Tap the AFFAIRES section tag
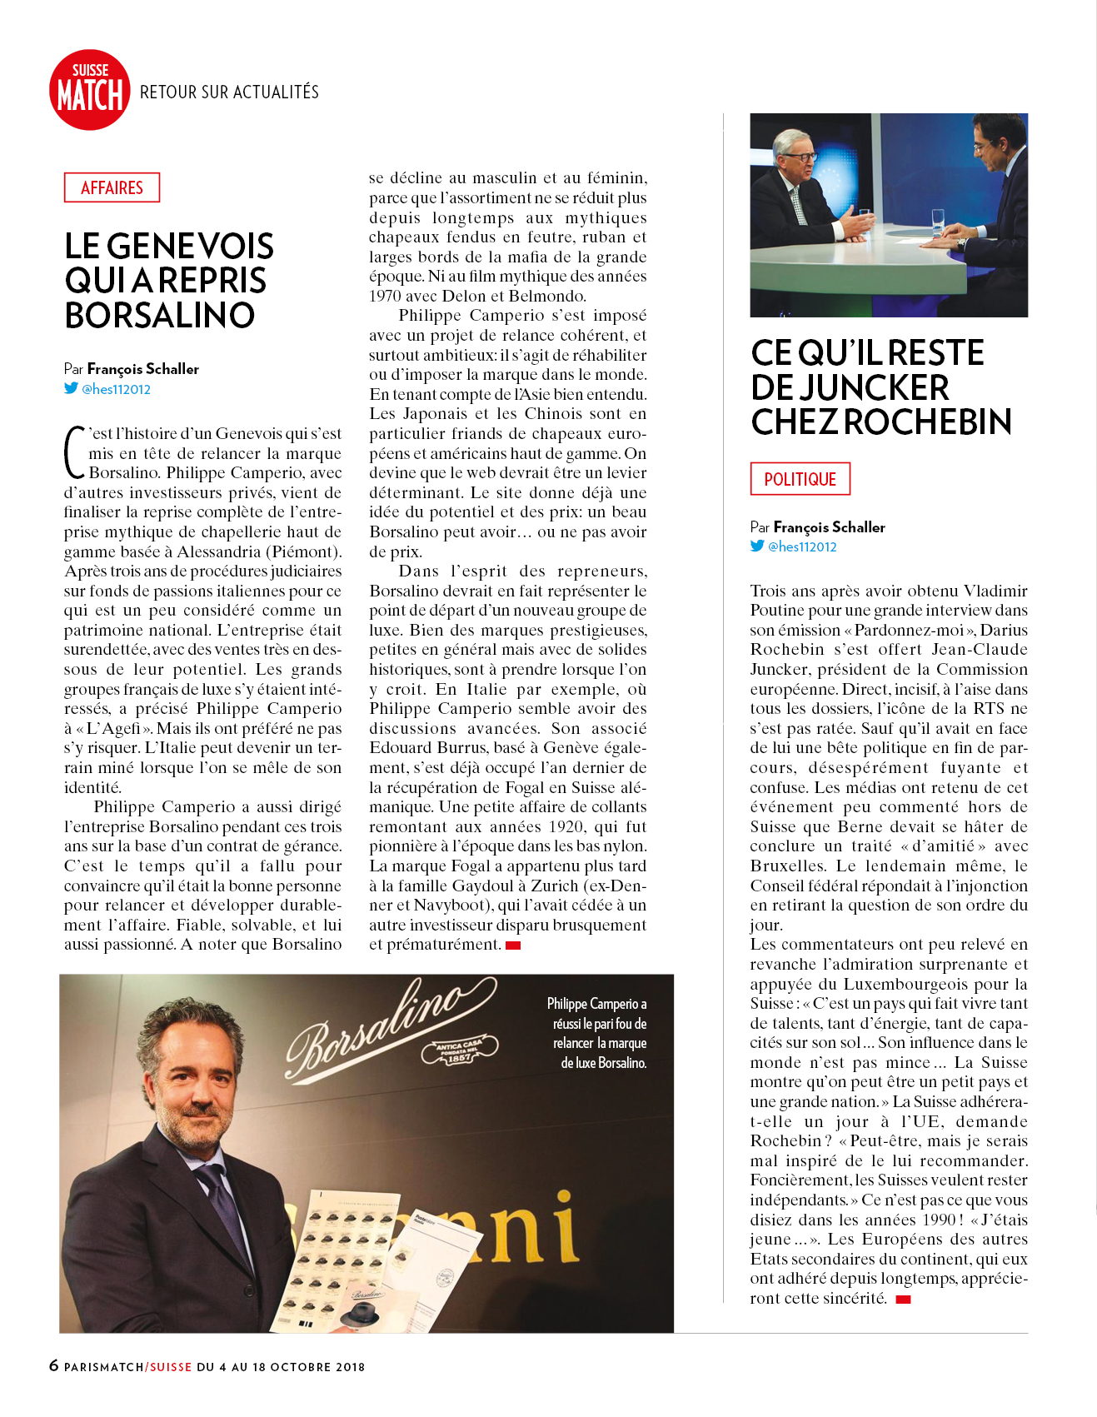click(x=112, y=187)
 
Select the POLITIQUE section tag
click(x=800, y=479)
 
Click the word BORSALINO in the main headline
click(x=160, y=316)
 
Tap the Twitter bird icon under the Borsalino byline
click(x=72, y=388)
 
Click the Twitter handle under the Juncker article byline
click(x=801, y=546)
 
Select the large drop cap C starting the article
click(x=75, y=453)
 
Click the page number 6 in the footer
click(x=54, y=1365)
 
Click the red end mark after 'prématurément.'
click(x=513, y=945)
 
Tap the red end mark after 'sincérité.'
click(x=903, y=1299)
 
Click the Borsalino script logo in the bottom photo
click(x=387, y=1025)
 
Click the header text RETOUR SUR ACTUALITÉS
click(x=229, y=92)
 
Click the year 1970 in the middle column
click(x=386, y=296)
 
